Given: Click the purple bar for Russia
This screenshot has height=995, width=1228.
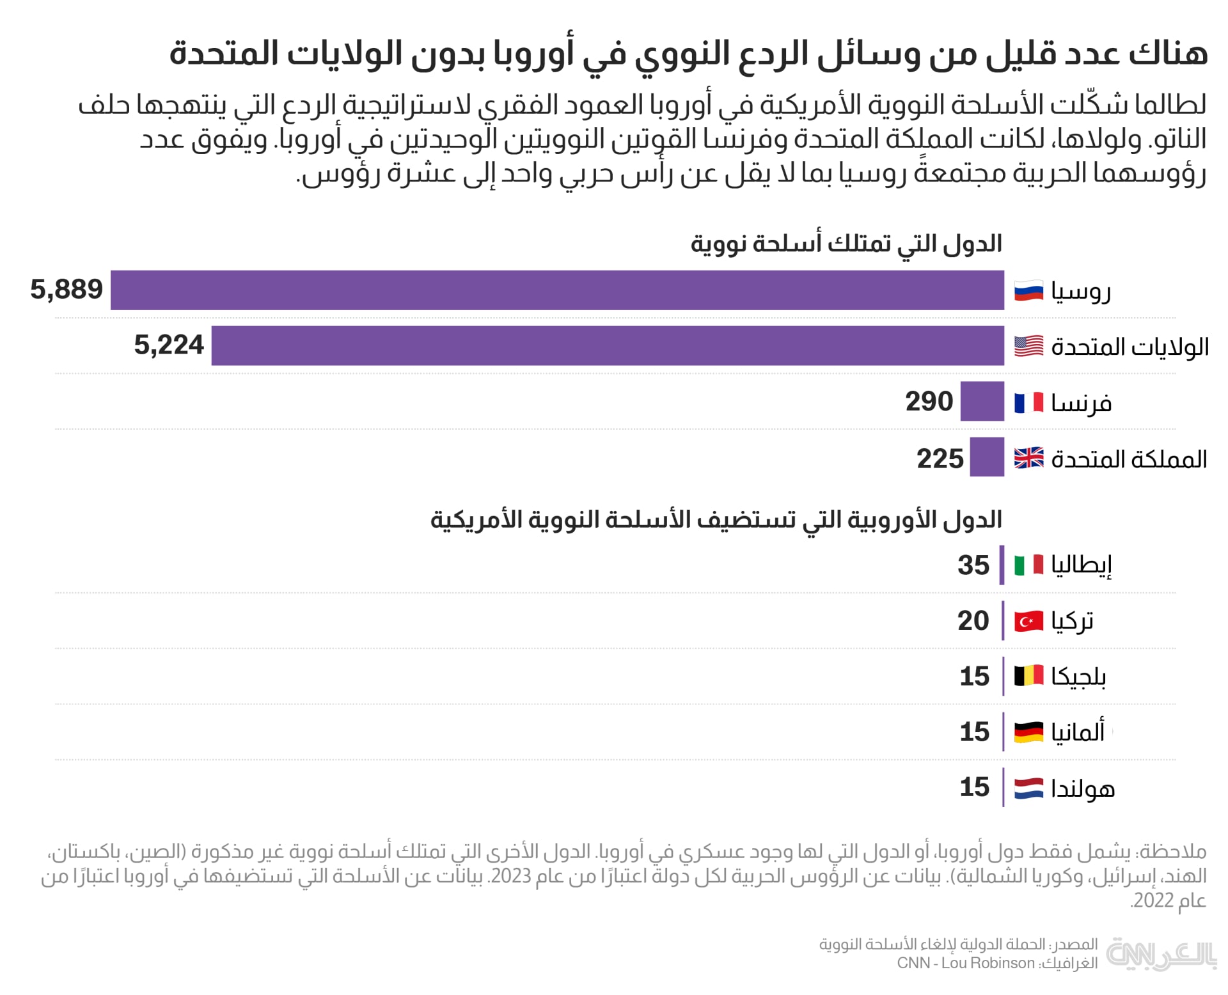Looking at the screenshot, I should [x=556, y=290].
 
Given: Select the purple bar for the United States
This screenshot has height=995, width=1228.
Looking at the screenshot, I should [x=608, y=345].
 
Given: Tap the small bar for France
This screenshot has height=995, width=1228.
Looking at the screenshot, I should [x=982, y=402].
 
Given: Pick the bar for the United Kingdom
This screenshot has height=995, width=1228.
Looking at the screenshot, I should [x=987, y=457].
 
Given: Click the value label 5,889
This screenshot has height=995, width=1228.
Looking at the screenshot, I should [x=67, y=290].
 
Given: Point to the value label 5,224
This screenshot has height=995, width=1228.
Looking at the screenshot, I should [x=169, y=345].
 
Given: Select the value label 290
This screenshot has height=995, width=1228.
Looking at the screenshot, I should [x=929, y=402].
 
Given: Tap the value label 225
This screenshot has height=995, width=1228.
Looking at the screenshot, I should [x=940, y=458].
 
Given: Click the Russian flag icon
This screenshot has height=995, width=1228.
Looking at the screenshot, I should [x=1028, y=291].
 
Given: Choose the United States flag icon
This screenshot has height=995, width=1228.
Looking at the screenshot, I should [x=1028, y=347].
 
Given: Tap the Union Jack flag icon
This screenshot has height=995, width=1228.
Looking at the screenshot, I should [x=1028, y=458].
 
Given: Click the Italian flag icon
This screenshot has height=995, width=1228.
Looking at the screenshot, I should [x=1028, y=565].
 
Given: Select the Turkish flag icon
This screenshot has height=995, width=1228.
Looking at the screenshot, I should [x=1028, y=621].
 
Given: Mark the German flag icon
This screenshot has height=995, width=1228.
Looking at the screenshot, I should [x=1028, y=732].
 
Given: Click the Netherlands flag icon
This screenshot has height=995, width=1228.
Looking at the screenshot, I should [x=1028, y=788].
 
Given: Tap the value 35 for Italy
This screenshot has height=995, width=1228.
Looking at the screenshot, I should [x=973, y=565].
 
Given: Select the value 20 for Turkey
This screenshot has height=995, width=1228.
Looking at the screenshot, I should [x=973, y=621].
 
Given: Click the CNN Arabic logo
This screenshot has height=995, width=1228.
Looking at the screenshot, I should [x=1161, y=955].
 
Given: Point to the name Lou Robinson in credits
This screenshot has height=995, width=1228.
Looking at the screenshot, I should [x=988, y=963].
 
